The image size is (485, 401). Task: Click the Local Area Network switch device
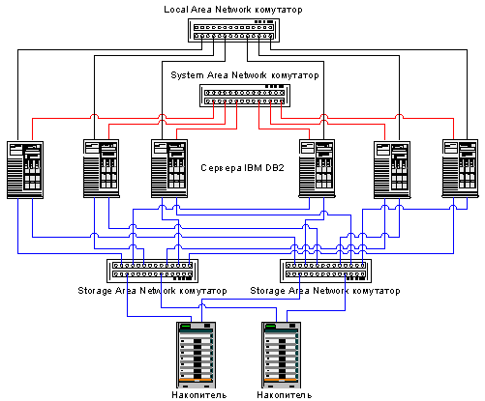click(x=233, y=30)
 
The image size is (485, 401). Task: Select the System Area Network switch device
click(x=245, y=96)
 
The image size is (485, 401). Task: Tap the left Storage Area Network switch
click(x=152, y=271)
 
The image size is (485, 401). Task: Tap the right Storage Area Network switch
click(x=325, y=271)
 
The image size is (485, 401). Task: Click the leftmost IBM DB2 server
click(x=25, y=170)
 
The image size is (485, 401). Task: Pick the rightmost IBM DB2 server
click(x=460, y=168)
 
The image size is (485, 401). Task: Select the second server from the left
click(x=102, y=168)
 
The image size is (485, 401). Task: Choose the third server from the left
click(x=169, y=168)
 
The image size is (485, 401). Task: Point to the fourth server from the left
click(x=317, y=168)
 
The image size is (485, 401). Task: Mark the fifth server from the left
click(x=392, y=170)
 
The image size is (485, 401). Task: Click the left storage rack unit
click(x=196, y=355)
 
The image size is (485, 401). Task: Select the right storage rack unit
click(x=281, y=355)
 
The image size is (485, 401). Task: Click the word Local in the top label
click(x=176, y=10)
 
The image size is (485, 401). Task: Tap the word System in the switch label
click(x=187, y=75)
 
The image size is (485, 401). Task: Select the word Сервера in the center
click(x=221, y=168)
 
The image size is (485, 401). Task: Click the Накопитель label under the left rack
click(x=199, y=395)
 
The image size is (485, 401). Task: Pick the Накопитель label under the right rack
click(x=285, y=395)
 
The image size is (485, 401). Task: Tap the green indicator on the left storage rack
click(x=186, y=326)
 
